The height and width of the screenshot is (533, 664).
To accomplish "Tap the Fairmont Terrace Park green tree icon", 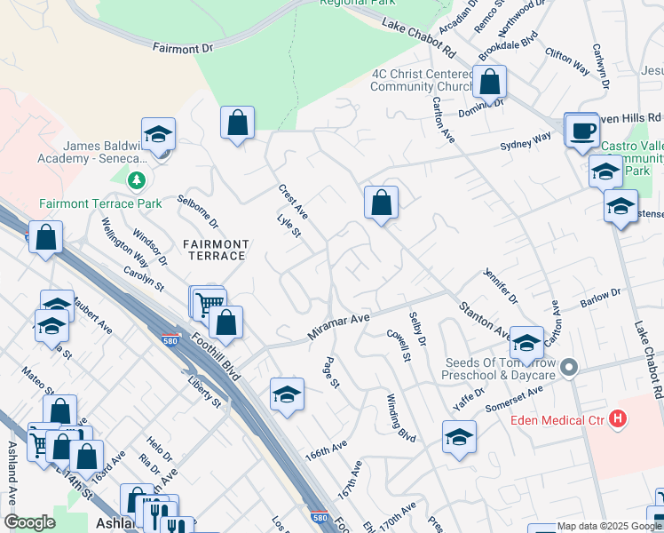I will click(x=136, y=182).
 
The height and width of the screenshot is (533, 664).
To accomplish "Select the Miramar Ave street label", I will click(x=338, y=327).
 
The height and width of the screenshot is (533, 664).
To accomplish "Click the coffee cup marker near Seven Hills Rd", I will click(x=582, y=131).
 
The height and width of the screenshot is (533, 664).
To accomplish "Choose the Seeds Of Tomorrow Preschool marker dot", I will click(x=571, y=367).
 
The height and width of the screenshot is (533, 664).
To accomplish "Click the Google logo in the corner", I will click(x=29, y=522).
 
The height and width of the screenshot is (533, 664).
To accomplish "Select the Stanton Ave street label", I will click(x=484, y=320).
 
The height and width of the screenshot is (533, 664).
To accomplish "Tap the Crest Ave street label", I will click(x=293, y=202).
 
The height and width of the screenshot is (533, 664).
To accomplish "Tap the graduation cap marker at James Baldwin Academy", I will click(x=159, y=135).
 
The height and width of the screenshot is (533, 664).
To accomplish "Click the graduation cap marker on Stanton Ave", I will click(x=527, y=343).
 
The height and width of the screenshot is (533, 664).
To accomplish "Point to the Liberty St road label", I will click(x=205, y=391).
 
